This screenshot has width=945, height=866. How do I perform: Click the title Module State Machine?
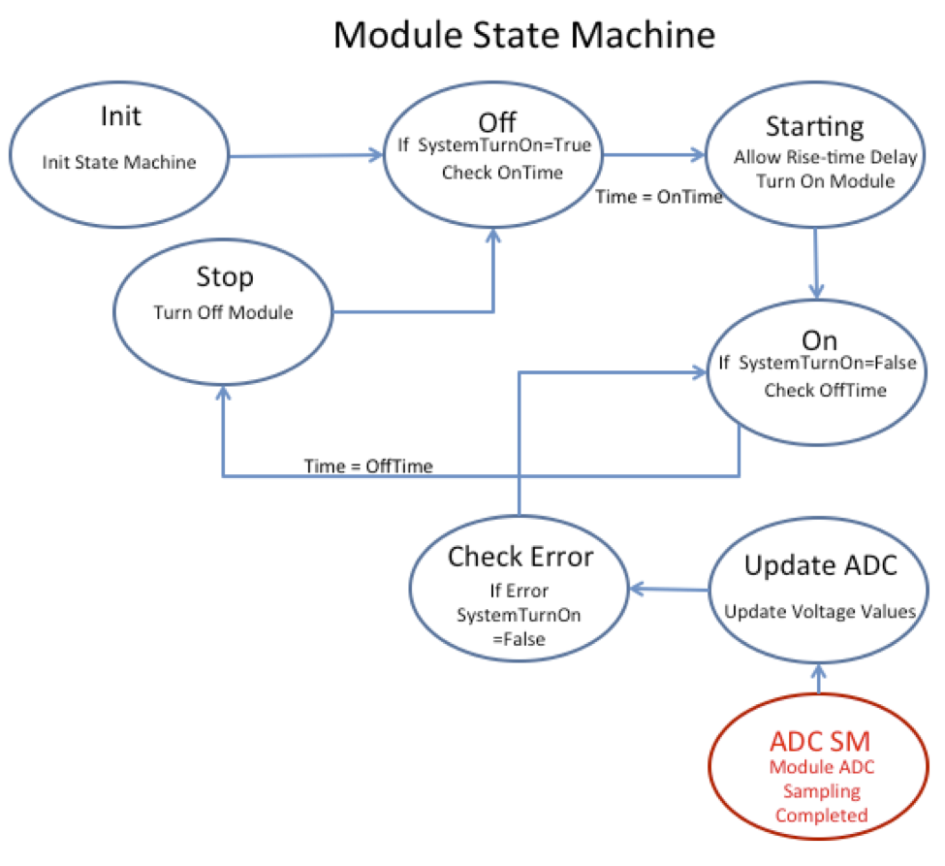coord(524,36)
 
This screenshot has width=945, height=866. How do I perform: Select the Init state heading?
coord(120,116)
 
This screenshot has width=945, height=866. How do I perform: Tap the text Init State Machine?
coord(119,162)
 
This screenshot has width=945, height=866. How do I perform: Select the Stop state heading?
coord(224,277)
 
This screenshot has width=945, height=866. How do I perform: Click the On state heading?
coord(819,339)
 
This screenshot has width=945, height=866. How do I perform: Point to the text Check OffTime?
coord(817,391)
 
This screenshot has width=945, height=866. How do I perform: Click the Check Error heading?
coord(520,557)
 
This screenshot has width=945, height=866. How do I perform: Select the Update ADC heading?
coord(819,565)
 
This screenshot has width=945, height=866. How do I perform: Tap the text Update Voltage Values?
coord(820,611)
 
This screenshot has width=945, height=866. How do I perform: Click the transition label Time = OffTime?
coord(368,465)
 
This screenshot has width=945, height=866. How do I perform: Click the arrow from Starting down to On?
coord(817,262)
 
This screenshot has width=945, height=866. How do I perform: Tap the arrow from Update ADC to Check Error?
coord(669,589)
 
